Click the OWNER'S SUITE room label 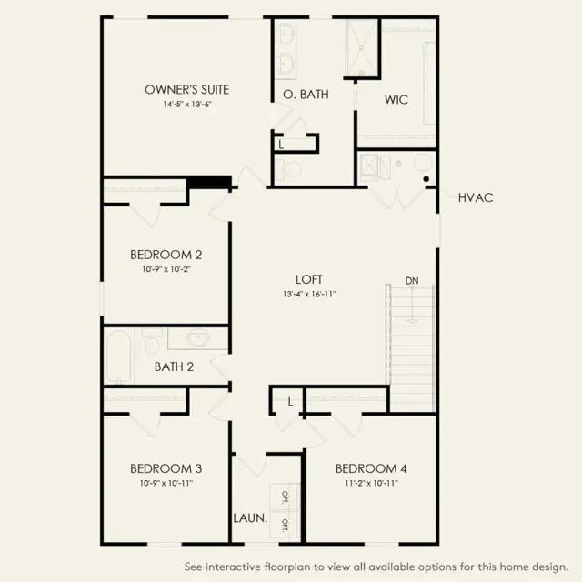[186, 89]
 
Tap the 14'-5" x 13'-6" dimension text [186, 105]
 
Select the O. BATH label [306, 95]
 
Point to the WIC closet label [396, 99]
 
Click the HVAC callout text [476, 198]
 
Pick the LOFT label [309, 279]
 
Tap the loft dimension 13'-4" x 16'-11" [309, 295]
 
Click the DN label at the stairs [412, 281]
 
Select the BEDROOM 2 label [166, 255]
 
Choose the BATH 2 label [174, 366]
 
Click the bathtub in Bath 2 [119, 356]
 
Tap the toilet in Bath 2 [152, 341]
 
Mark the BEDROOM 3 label [166, 468]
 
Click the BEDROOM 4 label [371, 468]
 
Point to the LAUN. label [250, 517]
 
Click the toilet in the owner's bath [289, 170]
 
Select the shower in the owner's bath [361, 47]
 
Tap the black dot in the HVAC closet [426, 179]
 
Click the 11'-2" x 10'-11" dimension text [371, 483]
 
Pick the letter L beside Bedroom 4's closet [290, 401]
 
